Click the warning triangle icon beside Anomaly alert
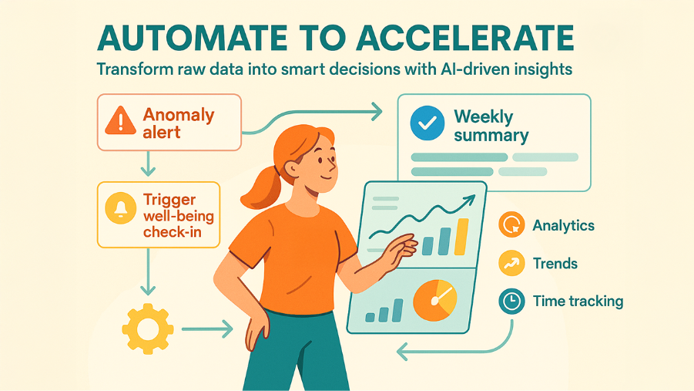pos(120,122)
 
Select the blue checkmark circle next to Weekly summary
pos(427,123)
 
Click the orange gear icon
pos(142,329)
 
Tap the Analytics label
pos(563,226)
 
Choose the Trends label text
pos(555,264)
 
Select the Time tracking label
pos(578,302)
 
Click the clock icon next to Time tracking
pos(511,302)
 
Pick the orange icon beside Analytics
pos(511,226)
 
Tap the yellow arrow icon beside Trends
pos(511,264)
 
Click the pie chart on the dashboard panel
pos(435,301)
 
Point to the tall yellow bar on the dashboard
pos(461,236)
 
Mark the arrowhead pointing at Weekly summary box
pos(376,113)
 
